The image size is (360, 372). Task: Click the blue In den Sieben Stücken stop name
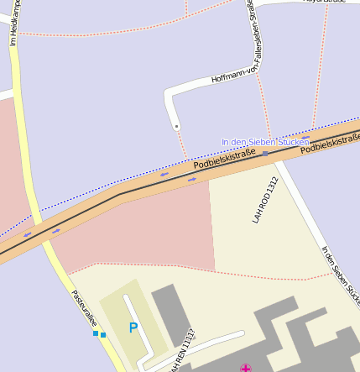(x=265, y=142)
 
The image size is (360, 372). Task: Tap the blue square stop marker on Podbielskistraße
(x=265, y=154)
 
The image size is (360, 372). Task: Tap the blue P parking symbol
(x=133, y=327)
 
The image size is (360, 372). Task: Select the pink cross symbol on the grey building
(x=245, y=368)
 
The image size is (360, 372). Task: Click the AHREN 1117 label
(x=181, y=351)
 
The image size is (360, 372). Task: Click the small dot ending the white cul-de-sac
(x=176, y=127)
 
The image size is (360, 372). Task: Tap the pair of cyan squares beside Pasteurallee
(x=99, y=334)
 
